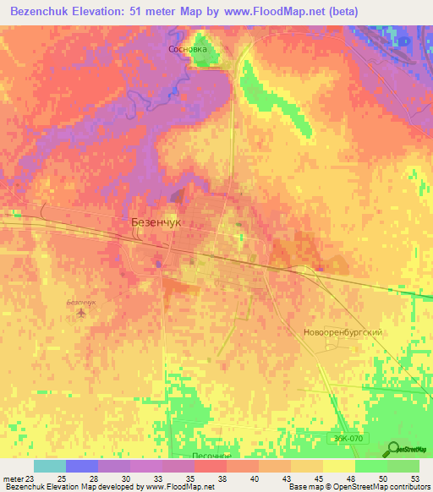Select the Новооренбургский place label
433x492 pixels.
pyautogui.click(x=343, y=332)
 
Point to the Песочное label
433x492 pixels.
pyautogui.click(x=211, y=455)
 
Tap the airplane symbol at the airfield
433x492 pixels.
pyautogui.click(x=81, y=314)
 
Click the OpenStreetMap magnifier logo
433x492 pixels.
pyautogui.click(x=395, y=449)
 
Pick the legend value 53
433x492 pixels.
pyautogui.click(x=414, y=478)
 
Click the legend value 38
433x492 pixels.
pyautogui.click(x=233, y=478)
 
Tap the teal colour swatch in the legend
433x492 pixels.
pyautogui.click(x=50, y=466)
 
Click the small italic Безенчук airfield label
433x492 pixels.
pyautogui.click(x=81, y=302)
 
